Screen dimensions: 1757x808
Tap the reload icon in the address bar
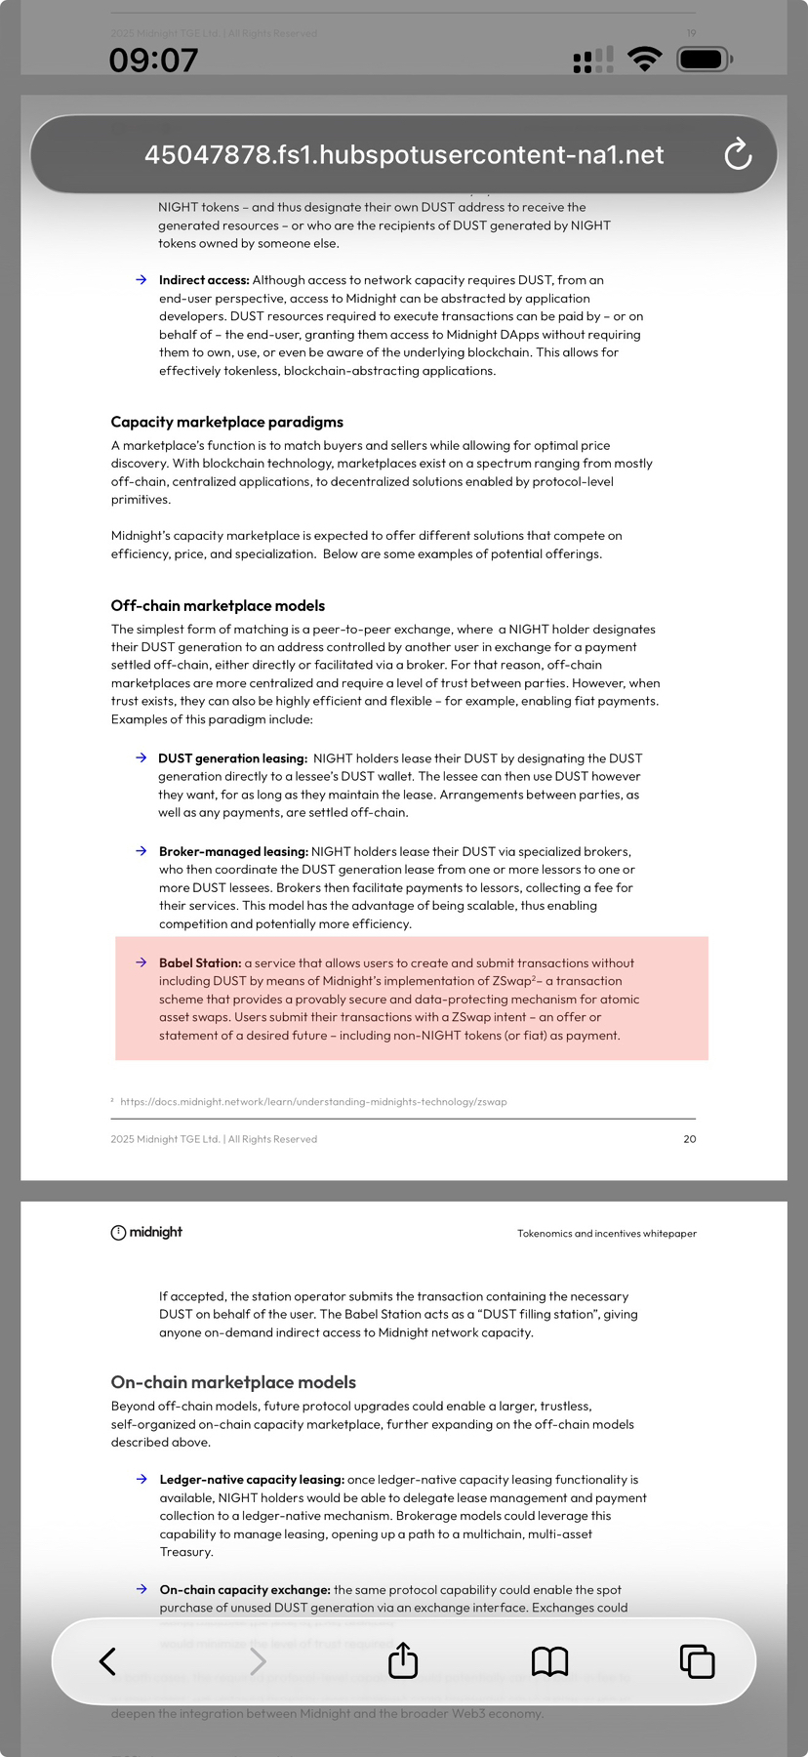pyautogui.click(x=738, y=154)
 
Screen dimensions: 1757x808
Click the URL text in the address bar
pyautogui.click(x=404, y=154)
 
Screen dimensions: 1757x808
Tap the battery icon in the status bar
pyautogui.click(x=704, y=60)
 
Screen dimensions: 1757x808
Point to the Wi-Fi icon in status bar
pyautogui.click(x=644, y=60)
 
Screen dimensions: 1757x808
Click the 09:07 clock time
pyautogui.click(x=153, y=61)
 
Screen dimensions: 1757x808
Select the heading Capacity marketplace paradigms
pyautogui.click(x=226, y=422)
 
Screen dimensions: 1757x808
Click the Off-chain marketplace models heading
pyautogui.click(x=218, y=605)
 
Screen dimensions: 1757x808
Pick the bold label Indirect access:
pyautogui.click(x=204, y=280)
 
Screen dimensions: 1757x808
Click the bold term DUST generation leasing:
pyautogui.click(x=232, y=758)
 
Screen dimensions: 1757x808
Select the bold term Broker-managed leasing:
pyautogui.click(x=233, y=851)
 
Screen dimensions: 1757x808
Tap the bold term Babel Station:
pyautogui.click(x=200, y=962)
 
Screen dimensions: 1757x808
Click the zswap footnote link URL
pyautogui.click(x=313, y=1101)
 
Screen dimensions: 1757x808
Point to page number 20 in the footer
pyautogui.click(x=690, y=1139)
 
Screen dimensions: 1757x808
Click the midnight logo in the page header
pyautogui.click(x=146, y=1232)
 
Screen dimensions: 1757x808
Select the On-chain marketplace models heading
pyautogui.click(x=233, y=1382)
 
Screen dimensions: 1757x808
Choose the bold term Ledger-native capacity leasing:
pyautogui.click(x=252, y=1480)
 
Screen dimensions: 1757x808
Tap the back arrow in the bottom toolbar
pyautogui.click(x=108, y=1660)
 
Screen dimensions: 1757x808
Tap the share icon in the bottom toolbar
pyautogui.click(x=403, y=1660)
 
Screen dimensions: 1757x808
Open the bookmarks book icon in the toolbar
pyautogui.click(x=549, y=1660)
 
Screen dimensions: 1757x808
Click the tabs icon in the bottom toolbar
pyautogui.click(x=697, y=1660)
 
